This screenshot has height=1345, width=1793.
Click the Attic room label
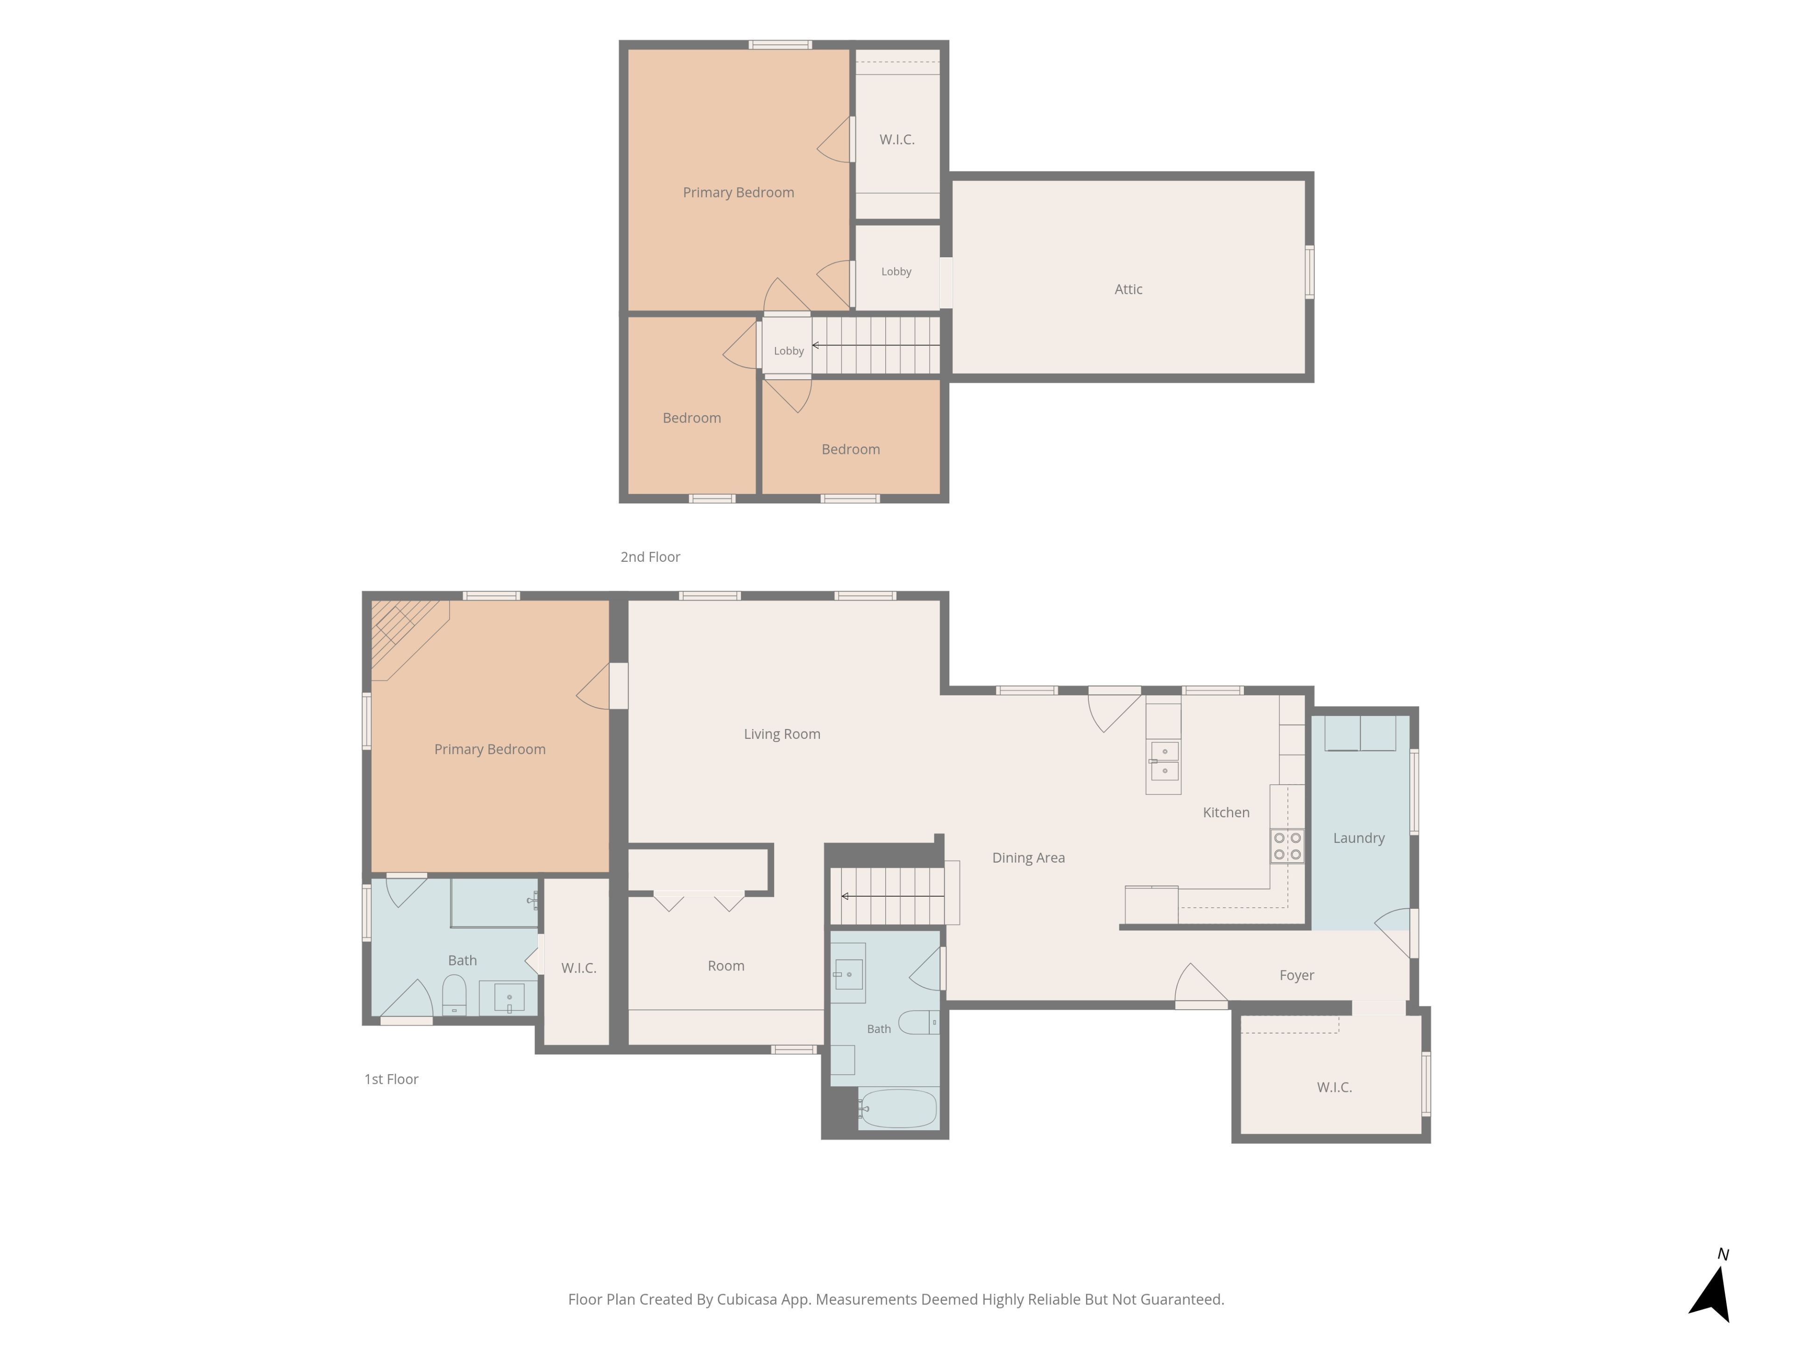click(1128, 290)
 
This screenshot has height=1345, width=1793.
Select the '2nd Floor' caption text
click(650, 557)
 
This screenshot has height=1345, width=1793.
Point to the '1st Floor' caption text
click(391, 1079)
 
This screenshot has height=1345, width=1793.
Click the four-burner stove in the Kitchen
click(1287, 846)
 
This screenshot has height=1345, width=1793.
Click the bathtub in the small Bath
click(898, 1108)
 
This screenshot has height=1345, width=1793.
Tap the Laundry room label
click(1359, 838)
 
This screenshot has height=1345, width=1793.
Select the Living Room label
click(782, 735)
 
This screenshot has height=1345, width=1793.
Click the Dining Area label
click(1029, 858)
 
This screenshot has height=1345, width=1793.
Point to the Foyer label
click(1297, 975)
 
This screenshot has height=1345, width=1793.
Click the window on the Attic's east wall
click(1309, 272)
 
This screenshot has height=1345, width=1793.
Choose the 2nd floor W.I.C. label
click(897, 140)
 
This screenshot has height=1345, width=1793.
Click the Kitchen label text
click(1227, 812)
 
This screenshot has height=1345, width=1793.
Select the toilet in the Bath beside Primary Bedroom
click(454, 995)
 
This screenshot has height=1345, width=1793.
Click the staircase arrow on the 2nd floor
click(876, 346)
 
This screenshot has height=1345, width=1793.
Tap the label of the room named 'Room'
click(726, 966)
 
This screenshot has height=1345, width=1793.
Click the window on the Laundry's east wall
click(1414, 791)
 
